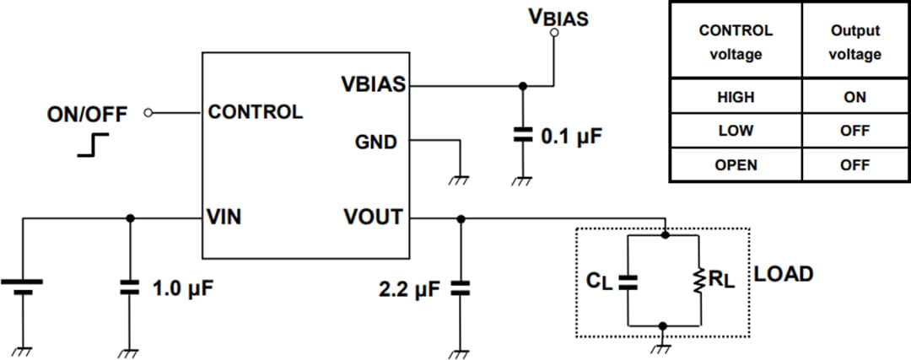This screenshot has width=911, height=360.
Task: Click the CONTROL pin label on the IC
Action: click(255, 112)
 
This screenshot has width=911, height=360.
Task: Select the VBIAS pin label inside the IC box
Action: click(373, 84)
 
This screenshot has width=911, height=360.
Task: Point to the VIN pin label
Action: click(224, 218)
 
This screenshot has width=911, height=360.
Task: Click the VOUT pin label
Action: click(373, 218)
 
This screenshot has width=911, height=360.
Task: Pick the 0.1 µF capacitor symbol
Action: click(523, 135)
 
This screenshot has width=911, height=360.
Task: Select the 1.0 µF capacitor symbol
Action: click(129, 287)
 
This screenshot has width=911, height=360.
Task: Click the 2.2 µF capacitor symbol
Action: click(460, 288)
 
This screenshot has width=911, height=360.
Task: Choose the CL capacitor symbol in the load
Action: click(628, 281)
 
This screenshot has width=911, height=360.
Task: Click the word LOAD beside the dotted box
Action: click(784, 274)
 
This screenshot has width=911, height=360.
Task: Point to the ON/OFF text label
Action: click(87, 114)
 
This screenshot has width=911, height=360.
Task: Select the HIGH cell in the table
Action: click(735, 97)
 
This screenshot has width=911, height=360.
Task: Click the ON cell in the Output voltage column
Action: click(854, 97)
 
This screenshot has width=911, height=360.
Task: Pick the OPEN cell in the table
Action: click(735, 165)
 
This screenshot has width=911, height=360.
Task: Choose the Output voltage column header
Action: click(854, 42)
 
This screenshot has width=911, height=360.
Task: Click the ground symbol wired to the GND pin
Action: click(460, 177)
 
